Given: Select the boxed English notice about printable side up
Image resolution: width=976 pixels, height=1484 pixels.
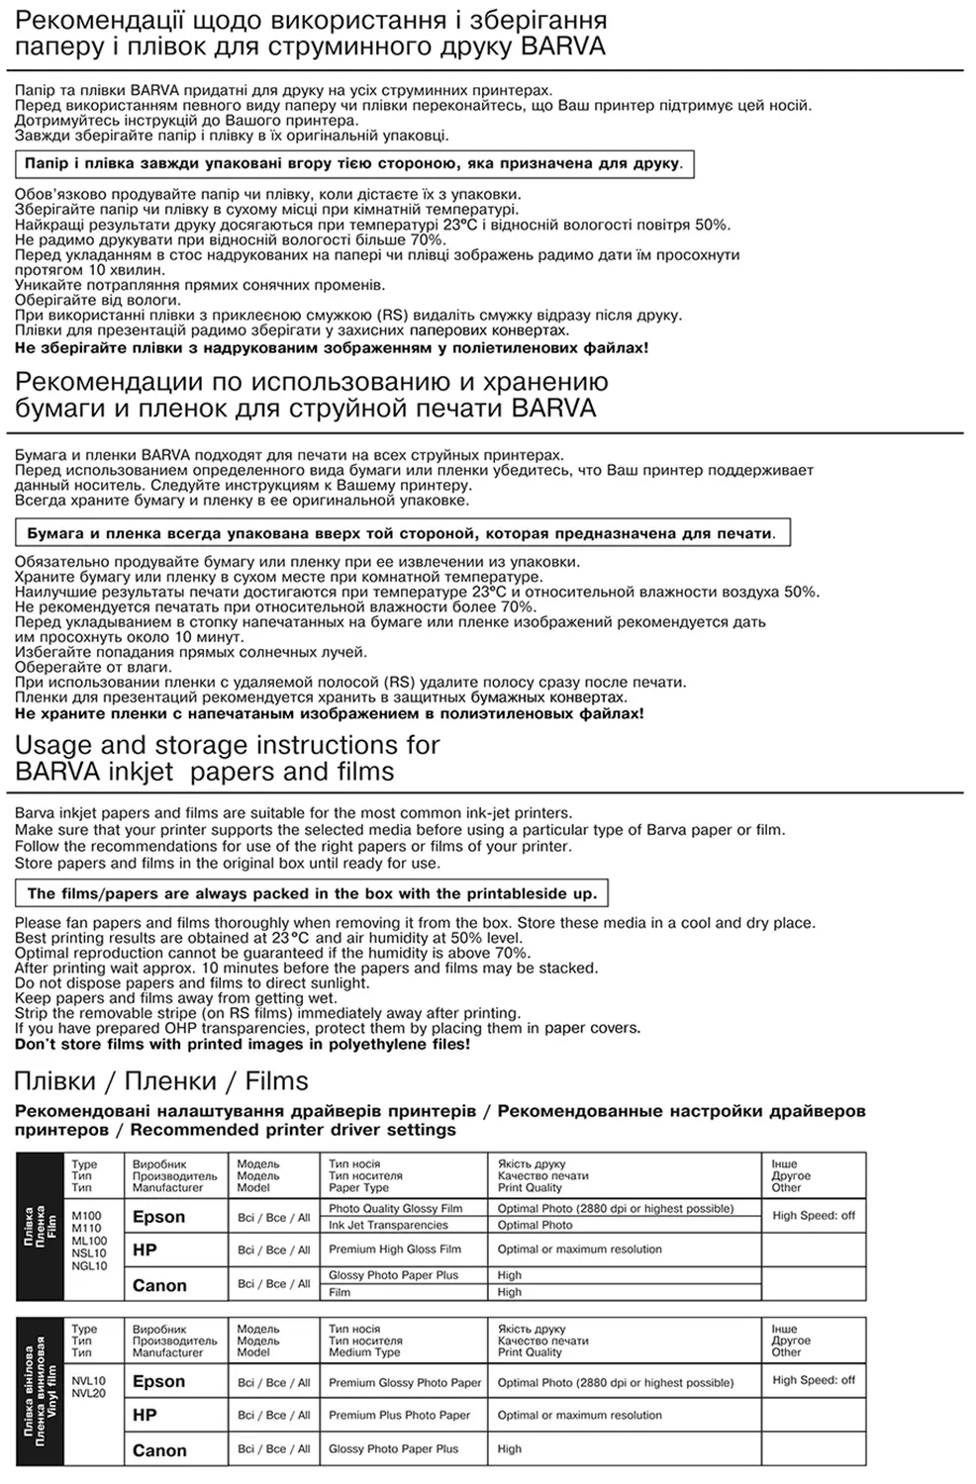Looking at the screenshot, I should point(312,893).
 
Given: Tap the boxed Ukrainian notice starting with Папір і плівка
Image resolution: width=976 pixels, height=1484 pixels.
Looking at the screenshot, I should point(353,163).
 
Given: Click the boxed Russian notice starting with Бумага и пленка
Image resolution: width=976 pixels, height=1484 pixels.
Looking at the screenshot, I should point(401,533).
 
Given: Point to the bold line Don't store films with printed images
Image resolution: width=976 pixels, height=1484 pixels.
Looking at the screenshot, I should point(243,1044).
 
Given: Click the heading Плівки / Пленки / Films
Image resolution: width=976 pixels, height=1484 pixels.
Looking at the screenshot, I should point(160,1080).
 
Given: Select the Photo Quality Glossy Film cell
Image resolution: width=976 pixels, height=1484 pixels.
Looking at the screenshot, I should point(396,1209).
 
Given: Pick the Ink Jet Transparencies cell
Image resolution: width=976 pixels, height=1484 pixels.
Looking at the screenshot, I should point(388,1225).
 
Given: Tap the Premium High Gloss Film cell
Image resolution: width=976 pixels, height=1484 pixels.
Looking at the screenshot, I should point(395,1250).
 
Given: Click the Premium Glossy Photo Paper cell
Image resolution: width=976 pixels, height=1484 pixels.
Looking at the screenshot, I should point(405,1383).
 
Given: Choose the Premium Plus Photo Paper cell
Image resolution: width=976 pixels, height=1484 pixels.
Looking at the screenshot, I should point(399,1415).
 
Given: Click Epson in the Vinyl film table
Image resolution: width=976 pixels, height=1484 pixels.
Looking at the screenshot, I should point(158,1382).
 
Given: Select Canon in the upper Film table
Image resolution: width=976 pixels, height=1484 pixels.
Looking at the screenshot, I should point(159,1285).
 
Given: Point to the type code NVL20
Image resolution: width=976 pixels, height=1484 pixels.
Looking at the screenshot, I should point(89,1393).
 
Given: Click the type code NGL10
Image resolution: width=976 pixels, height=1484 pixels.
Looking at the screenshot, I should point(89,1265).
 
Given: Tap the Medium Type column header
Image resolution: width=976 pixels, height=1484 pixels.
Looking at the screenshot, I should point(364,1352).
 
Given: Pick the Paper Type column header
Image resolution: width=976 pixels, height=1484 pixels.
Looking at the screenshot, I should point(358,1188).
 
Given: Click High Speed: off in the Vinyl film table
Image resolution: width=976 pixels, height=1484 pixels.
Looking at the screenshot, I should point(814,1380).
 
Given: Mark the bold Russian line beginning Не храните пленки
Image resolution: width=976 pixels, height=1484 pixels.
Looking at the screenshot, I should point(329,713).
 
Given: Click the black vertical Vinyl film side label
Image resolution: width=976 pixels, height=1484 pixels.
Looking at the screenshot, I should point(41,1390).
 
